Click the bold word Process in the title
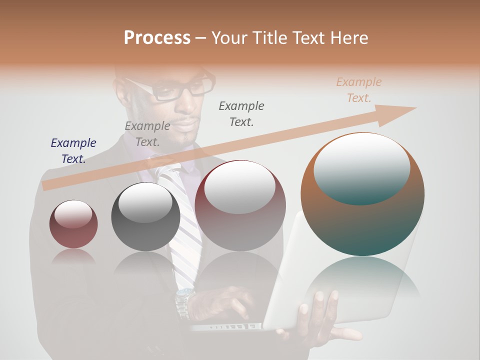157,38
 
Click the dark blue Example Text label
73,150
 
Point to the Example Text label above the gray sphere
147,133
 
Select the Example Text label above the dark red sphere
241,113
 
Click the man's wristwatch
184,300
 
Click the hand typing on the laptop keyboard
227,305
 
